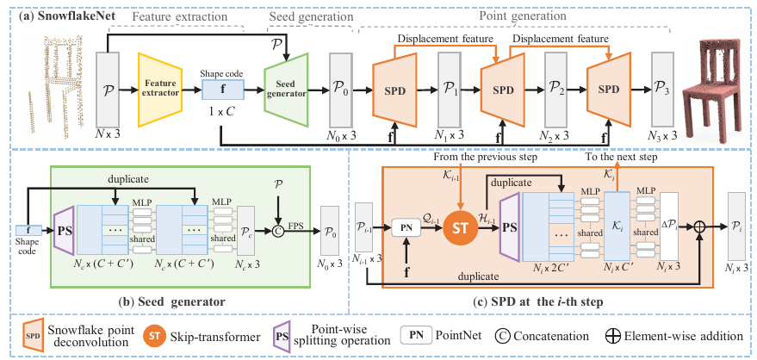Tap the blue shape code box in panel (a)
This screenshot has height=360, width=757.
point(222,86)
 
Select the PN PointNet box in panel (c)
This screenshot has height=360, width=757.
point(411,229)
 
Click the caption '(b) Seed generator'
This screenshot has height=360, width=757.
point(173,301)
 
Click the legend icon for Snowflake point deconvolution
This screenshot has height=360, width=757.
point(33,334)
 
